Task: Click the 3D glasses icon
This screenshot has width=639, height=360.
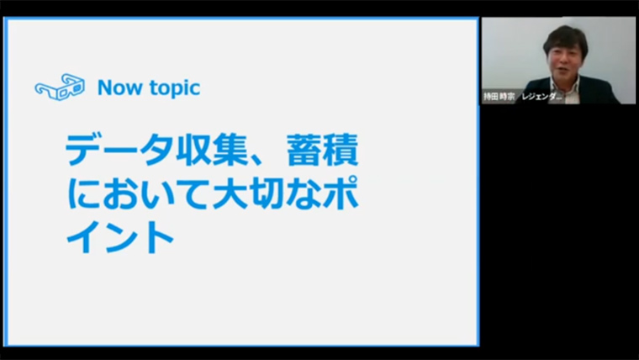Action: [60, 87]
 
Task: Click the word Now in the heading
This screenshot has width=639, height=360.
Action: [119, 87]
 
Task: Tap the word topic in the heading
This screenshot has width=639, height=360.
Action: [175, 88]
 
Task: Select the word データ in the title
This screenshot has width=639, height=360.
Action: [119, 150]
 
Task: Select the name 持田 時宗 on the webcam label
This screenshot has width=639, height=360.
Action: [499, 97]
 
